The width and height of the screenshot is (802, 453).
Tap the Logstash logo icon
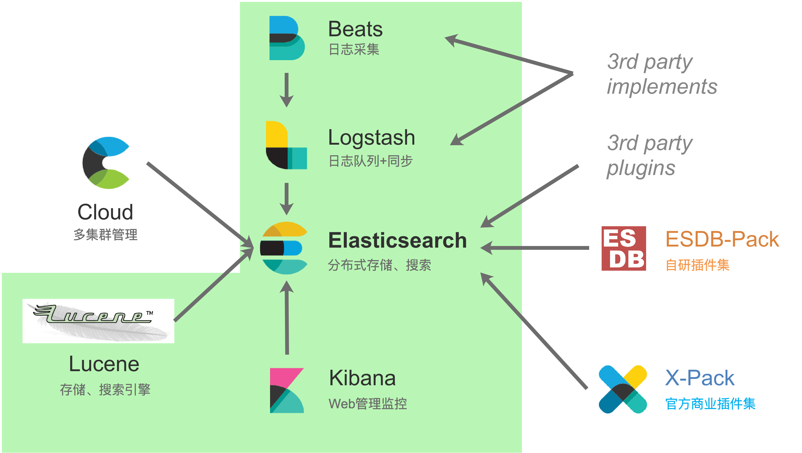pos(286,145)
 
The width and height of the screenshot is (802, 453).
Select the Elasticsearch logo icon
pos(284,248)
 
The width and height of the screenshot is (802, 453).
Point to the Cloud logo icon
pos(105,163)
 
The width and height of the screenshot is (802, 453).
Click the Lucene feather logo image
pos(98,321)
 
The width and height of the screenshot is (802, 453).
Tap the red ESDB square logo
pos(624,248)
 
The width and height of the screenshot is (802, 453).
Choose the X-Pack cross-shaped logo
pos(623,389)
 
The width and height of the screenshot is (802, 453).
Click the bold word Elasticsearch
pos(397,240)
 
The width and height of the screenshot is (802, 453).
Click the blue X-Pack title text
pos(700,378)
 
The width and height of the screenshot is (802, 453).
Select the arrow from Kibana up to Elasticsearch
pos(287,317)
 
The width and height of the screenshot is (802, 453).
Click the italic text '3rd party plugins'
pos(649,155)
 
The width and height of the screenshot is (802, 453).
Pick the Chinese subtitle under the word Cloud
pos(105,234)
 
